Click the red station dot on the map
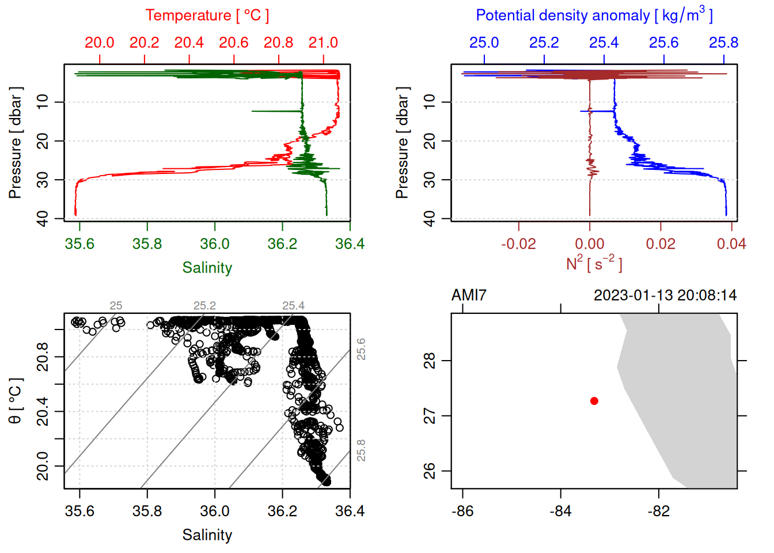tap(594, 401)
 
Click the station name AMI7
tap(469, 296)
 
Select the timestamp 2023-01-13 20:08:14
tap(665, 296)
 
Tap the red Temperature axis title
tap(207, 16)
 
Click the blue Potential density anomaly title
tap(594, 15)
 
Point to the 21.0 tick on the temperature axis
tap(323, 43)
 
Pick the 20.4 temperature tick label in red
tap(189, 43)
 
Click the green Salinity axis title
tap(207, 268)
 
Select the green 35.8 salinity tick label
tap(147, 244)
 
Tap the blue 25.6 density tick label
tap(663, 43)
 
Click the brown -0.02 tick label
tap(518, 244)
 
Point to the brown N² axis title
tap(594, 263)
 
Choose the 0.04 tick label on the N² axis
tap(731, 244)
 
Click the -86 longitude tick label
tap(463, 511)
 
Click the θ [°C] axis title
tap(16, 401)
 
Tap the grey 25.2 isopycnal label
tap(204, 306)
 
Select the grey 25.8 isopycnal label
tap(361, 450)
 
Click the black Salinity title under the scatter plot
tap(207, 535)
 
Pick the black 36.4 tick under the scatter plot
tap(350, 511)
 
